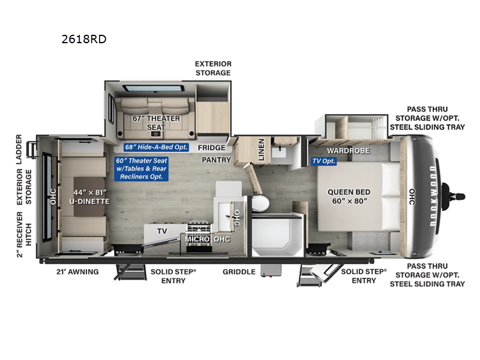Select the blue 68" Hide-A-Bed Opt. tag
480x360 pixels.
pos(157,148)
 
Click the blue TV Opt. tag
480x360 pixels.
pos(323,161)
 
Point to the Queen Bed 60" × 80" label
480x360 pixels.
pos(347,197)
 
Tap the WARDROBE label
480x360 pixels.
pos(347,150)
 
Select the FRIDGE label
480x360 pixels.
pos(212,148)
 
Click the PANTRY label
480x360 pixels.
pos(212,160)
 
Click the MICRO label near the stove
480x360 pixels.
pos(197,239)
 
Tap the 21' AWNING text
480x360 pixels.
pos(76,272)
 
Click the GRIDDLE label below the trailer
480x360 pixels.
pos(239,272)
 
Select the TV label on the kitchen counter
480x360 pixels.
pos(161,230)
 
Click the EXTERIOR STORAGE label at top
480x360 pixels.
pos(212,68)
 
